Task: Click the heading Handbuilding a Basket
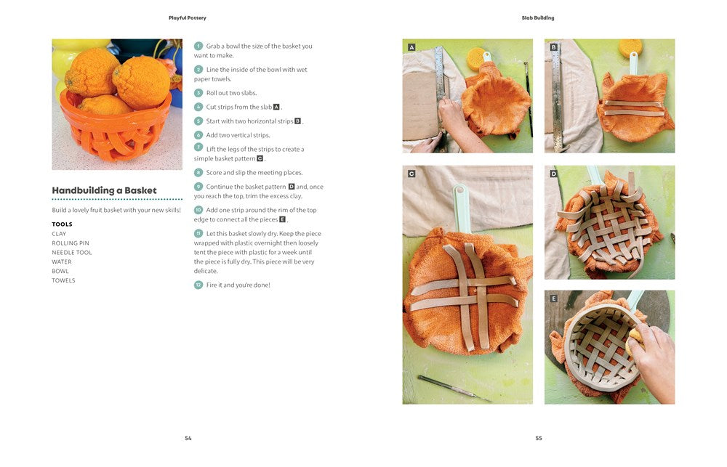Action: [104, 190]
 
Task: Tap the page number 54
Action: [188, 438]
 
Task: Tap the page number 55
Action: [539, 438]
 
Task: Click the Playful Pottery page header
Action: [188, 18]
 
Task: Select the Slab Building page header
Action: [538, 18]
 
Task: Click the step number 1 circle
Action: [198, 46]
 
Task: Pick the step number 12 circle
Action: [198, 285]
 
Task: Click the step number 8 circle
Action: [198, 172]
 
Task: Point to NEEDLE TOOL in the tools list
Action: [72, 253]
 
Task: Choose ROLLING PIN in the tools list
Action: [71, 243]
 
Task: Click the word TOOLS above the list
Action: [62, 224]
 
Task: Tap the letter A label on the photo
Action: [411, 47]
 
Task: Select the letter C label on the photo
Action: [411, 174]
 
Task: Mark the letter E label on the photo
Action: [553, 299]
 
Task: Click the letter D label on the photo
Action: [553, 174]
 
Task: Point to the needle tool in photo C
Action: [454, 389]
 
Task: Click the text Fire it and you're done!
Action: [238, 285]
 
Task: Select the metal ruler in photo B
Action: [556, 95]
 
